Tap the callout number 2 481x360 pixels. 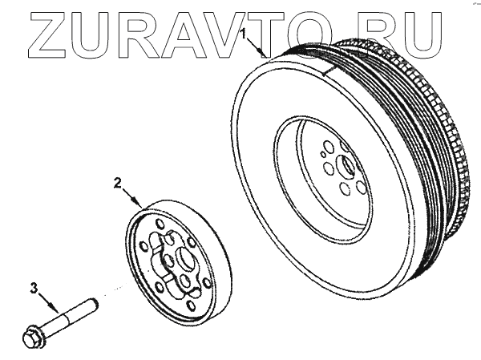point(118,184)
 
